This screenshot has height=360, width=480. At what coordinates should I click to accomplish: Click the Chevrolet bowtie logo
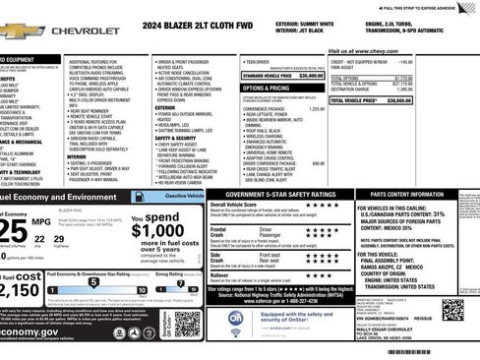click(20, 31)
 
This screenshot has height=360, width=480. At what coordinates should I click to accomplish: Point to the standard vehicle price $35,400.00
click(311, 75)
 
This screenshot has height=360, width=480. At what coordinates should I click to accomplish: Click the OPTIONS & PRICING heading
click(266, 88)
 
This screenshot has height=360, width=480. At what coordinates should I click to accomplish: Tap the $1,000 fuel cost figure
click(154, 231)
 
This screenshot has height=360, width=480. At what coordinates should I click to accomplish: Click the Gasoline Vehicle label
click(184, 197)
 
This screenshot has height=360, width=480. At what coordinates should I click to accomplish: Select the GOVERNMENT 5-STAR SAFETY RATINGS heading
click(272, 195)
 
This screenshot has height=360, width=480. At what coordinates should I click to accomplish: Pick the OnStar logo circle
click(236, 318)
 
